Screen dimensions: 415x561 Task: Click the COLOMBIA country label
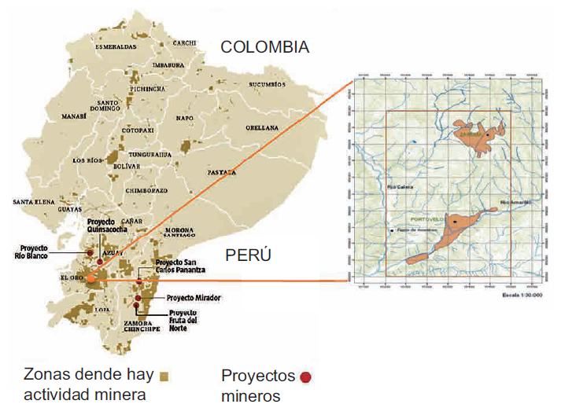(x=264, y=47)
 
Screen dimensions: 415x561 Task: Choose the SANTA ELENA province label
(x=33, y=202)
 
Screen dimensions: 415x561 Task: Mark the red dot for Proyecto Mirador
(x=138, y=299)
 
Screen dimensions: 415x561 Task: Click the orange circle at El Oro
(x=91, y=277)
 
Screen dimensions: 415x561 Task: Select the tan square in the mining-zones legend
(x=164, y=375)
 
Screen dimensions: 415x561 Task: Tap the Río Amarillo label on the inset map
(x=516, y=201)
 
